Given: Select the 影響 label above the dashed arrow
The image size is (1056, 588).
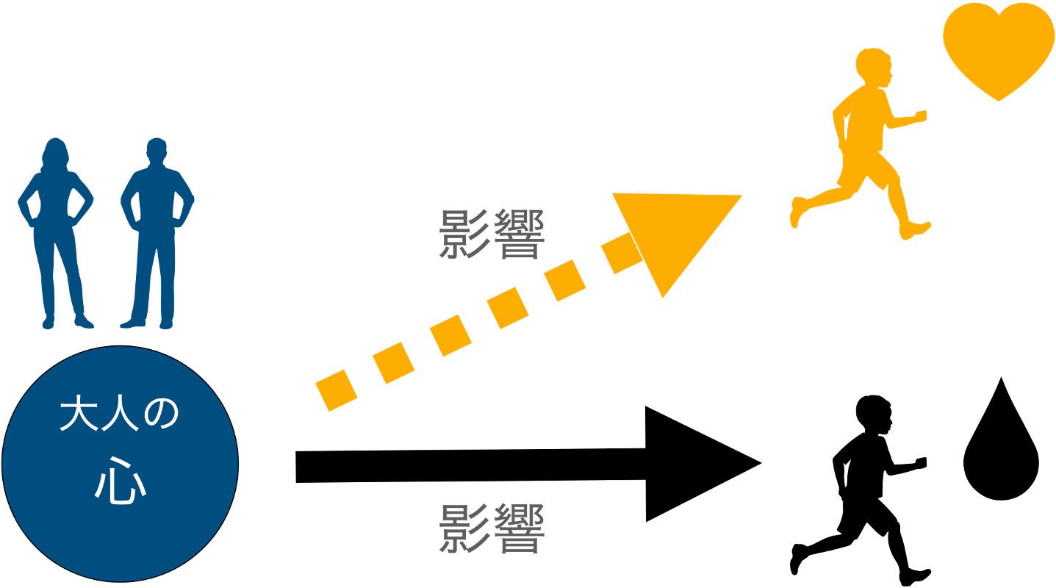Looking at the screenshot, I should [492, 234].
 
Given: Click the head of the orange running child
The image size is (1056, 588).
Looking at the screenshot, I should [874, 67].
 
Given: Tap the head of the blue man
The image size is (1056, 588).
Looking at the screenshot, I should [156, 151].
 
